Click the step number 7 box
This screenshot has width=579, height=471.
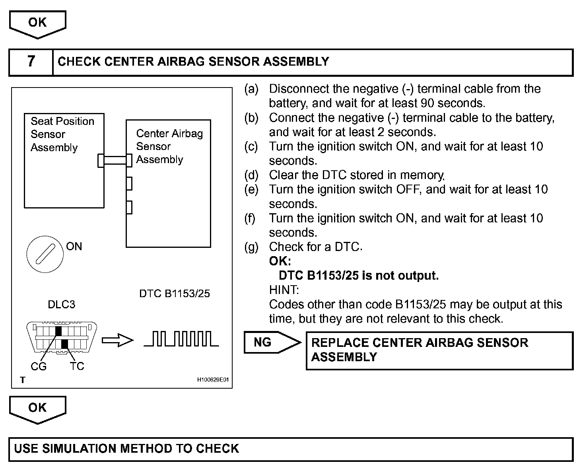(x=31, y=62)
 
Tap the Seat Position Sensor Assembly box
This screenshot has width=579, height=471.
(x=64, y=160)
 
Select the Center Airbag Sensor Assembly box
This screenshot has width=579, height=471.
(x=168, y=183)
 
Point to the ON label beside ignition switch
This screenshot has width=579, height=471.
(x=74, y=247)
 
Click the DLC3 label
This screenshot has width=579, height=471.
(x=61, y=305)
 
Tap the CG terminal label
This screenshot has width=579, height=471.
(x=39, y=366)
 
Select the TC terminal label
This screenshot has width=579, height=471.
(x=77, y=366)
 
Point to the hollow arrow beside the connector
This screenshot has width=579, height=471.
(x=117, y=341)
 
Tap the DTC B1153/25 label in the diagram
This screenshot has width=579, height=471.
(x=175, y=294)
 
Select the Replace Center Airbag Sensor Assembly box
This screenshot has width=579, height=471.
(x=439, y=350)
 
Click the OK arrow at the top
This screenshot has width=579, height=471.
(x=37, y=24)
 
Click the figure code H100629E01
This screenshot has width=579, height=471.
(x=213, y=380)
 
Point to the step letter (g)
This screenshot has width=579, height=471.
(x=251, y=247)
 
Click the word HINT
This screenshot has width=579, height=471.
(x=284, y=290)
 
